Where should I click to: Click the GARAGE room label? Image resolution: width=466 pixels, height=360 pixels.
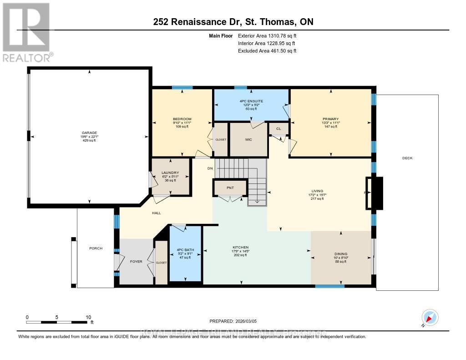point(89,133)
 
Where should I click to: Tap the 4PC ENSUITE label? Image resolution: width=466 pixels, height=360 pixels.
point(251,101)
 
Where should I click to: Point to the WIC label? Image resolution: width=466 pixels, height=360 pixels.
point(248,140)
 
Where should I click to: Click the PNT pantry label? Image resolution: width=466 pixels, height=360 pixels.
point(230,188)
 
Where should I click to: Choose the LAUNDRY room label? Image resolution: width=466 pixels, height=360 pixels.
point(170,172)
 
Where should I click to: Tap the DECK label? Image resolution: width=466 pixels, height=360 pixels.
point(407,158)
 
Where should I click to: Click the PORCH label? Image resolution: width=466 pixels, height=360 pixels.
point(96,248)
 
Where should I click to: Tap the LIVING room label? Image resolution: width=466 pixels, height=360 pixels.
point(317,191)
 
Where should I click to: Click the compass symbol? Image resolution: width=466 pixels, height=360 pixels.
point(429,317)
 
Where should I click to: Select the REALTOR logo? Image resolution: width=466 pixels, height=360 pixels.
point(26,32)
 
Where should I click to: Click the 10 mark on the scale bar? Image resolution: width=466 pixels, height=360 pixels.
point(88,317)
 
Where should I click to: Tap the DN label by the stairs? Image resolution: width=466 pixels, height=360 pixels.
point(210,168)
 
